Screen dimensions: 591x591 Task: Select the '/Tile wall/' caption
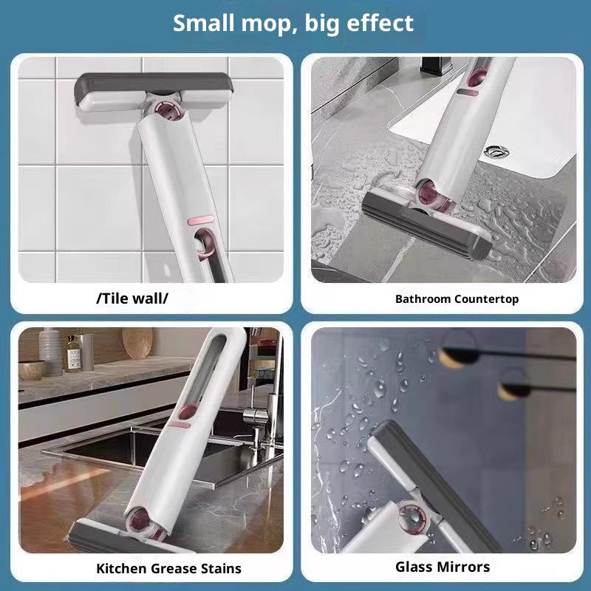pyautogui.click(x=132, y=298)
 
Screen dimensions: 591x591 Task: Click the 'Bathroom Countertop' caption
pyautogui.click(x=457, y=299)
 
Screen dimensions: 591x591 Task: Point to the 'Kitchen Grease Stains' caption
pyautogui.click(x=168, y=568)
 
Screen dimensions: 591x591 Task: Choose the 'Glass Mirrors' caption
pyautogui.click(x=443, y=567)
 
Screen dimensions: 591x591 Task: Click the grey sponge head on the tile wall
pyautogui.click(x=153, y=92)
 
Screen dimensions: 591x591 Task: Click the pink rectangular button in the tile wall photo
pyautogui.click(x=200, y=220)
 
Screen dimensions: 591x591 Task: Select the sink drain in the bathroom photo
pyautogui.click(x=496, y=152)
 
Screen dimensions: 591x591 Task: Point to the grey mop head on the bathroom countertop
pyautogui.click(x=427, y=224)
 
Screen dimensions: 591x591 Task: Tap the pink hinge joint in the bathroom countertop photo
pyautogui.click(x=434, y=196)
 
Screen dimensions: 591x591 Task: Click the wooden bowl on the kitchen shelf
pyautogui.click(x=32, y=370)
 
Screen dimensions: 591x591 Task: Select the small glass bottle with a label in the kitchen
pyautogui.click(x=73, y=353)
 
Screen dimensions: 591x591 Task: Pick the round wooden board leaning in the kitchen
pyautogui.click(x=138, y=342)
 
